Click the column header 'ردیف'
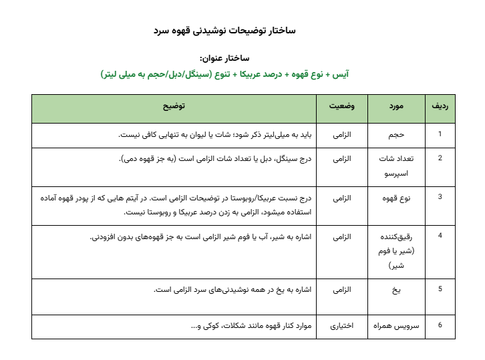pos(440,107)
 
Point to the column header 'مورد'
pos(395,107)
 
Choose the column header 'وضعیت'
pos(341,107)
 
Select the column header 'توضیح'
pos(174,107)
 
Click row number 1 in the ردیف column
pos(440,134)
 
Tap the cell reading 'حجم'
pos(396,134)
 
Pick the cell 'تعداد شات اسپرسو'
pos(396,164)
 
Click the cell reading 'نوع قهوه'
pos(396,198)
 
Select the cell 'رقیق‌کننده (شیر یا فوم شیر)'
pos(396,250)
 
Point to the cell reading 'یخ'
pos(396,290)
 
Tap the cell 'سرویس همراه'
pos(396,326)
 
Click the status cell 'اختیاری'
pos(342,326)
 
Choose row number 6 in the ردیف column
pos(440,325)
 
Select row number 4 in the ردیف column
pos(440,236)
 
